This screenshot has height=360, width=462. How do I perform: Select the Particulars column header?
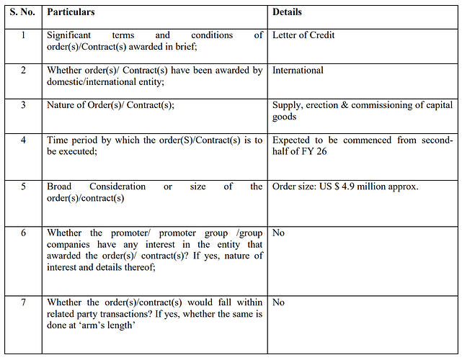pos(71,12)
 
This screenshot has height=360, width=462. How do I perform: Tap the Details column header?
pos(287,12)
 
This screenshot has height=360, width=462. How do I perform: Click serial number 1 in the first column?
pos(23,35)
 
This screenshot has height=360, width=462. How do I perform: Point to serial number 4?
pos(23,140)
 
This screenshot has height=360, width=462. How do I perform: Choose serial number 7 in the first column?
pos(23,302)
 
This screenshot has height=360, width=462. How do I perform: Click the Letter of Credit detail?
pos(303,35)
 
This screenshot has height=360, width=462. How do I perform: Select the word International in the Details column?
pos(298,71)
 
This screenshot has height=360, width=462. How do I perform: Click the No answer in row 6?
pos(278,233)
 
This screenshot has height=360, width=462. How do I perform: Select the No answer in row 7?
pos(278,302)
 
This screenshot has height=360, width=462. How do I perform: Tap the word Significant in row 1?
pos(71,35)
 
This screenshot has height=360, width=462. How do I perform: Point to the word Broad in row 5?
pos(61,187)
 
